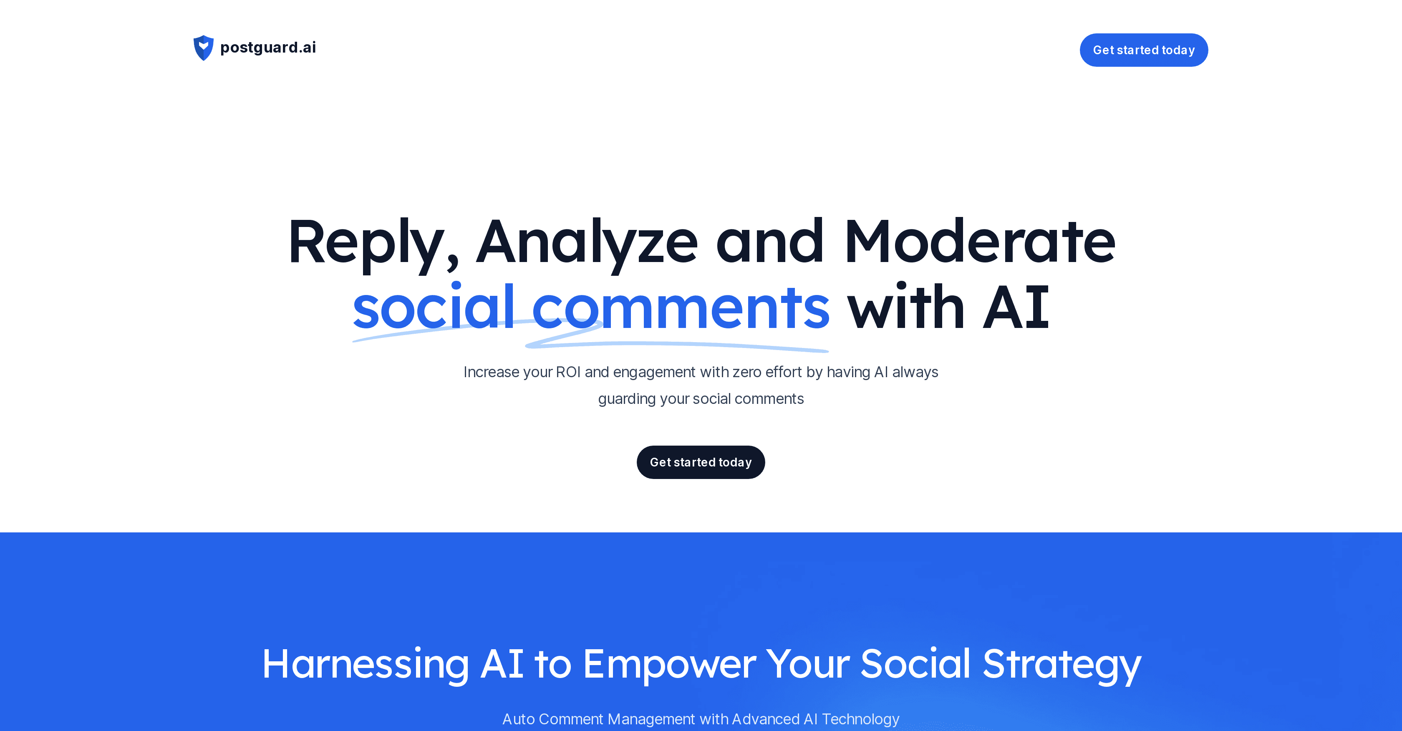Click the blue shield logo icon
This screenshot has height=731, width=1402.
click(204, 48)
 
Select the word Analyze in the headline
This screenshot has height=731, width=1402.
click(587, 242)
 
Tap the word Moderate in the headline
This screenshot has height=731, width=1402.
click(980, 241)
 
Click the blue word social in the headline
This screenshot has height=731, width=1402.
click(434, 307)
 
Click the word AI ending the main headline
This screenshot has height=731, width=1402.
click(1016, 308)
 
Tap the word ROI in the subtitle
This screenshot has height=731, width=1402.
click(568, 372)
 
